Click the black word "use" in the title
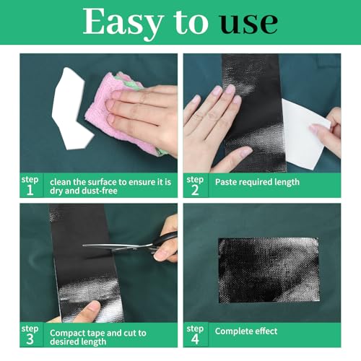pyautogui.click(x=249, y=22)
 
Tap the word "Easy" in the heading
pyautogui.click(x=123, y=24)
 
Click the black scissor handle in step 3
pyautogui.click(x=166, y=238)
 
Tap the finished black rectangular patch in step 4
pyautogui.click(x=269, y=270)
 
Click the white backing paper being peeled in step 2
pyautogui.click(x=305, y=134)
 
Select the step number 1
pyautogui.click(x=30, y=190)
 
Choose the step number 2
pyautogui.click(x=195, y=190)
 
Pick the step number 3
pyautogui.click(x=30, y=339)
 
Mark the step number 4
pyautogui.click(x=195, y=339)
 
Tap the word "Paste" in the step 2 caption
pyautogui.click(x=225, y=182)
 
